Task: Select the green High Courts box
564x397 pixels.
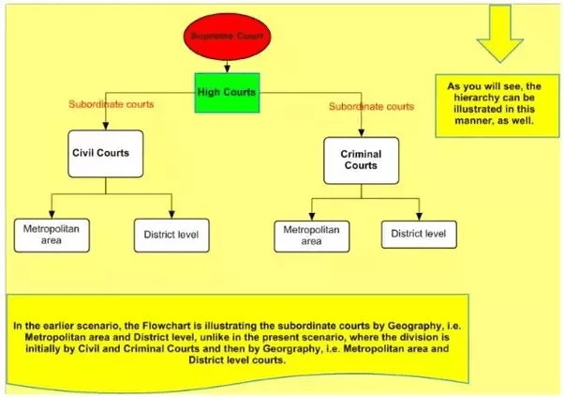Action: pyautogui.click(x=227, y=92)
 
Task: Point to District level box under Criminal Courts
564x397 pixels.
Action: pyautogui.click(x=419, y=233)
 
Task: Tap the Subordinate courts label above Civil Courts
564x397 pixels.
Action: pyautogui.click(x=111, y=104)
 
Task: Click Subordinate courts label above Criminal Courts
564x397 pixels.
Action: pyautogui.click(x=371, y=106)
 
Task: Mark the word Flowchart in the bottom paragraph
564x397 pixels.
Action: pyautogui.click(x=159, y=326)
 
